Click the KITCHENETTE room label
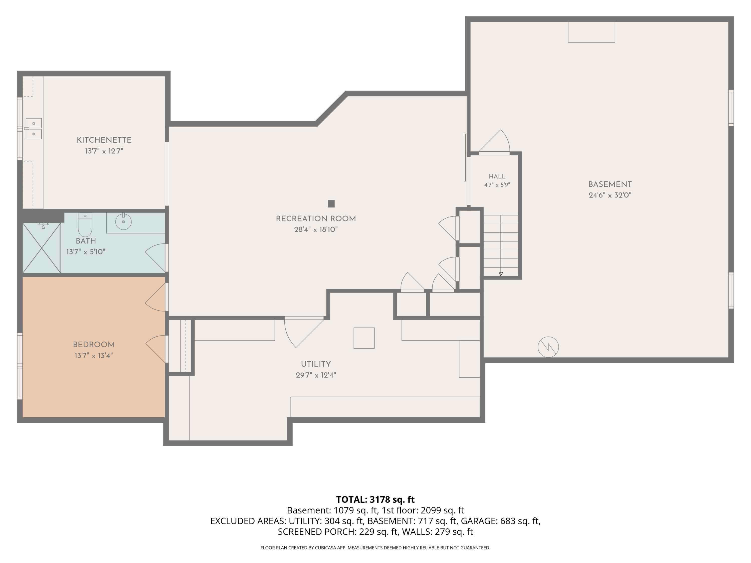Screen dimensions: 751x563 [104, 140]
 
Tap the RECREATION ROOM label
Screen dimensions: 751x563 [316, 219]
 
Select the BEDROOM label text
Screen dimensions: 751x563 [94, 345]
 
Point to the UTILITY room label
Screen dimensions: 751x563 [316, 364]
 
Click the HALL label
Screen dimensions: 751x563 [497, 176]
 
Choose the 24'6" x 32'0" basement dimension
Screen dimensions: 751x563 [610, 195]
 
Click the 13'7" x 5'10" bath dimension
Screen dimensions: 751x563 [86, 252]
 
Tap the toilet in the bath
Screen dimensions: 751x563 [85, 225]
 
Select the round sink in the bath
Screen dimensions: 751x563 [123, 222]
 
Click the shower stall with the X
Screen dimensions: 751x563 [41, 248]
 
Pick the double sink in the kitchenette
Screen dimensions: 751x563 [34, 129]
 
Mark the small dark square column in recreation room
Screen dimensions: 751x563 [331, 204]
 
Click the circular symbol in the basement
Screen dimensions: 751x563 [548, 347]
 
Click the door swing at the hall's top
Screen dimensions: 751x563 [494, 142]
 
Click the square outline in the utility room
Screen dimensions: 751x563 [364, 338]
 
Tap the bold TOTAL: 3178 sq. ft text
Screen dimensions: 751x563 [375, 499]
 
